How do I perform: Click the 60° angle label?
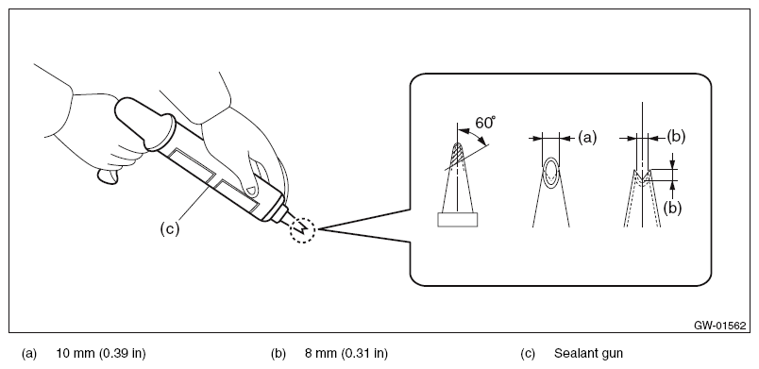pyautogui.click(x=485, y=123)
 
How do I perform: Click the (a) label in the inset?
pyautogui.click(x=587, y=138)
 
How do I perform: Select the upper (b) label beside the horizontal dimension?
pyautogui.click(x=676, y=137)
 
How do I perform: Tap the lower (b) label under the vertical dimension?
pyautogui.click(x=672, y=208)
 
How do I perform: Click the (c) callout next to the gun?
pyautogui.click(x=169, y=228)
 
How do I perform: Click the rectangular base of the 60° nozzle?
pyautogui.click(x=458, y=220)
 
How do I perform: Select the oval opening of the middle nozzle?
pyautogui.click(x=551, y=172)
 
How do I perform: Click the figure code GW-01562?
pyautogui.click(x=719, y=326)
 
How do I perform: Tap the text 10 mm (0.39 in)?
pyautogui.click(x=101, y=354)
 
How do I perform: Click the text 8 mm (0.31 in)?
pyautogui.click(x=346, y=354)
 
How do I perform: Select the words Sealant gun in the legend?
pyautogui.click(x=588, y=354)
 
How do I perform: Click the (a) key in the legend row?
pyautogui.click(x=29, y=354)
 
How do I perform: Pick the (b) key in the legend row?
pyautogui.click(x=278, y=354)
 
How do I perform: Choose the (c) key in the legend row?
pyautogui.click(x=528, y=354)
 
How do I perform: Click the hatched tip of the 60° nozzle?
pyautogui.click(x=456, y=155)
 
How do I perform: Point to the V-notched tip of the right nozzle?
pyautogui.click(x=642, y=176)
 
